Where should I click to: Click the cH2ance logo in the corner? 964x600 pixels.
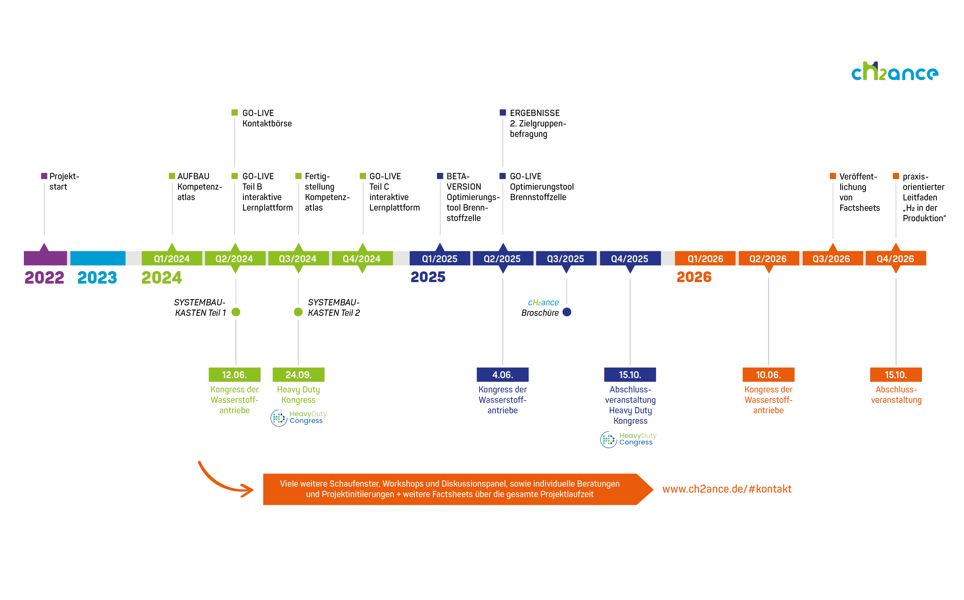pyautogui.click(x=894, y=72)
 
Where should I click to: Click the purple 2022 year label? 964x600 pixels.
pyautogui.click(x=44, y=277)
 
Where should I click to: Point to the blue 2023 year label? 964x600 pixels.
pyautogui.click(x=97, y=277)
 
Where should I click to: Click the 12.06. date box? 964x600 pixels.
pyautogui.click(x=234, y=375)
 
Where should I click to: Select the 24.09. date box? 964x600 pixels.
pyautogui.click(x=298, y=375)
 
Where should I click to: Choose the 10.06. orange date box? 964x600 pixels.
pyautogui.click(x=768, y=375)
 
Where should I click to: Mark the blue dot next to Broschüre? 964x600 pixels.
pyautogui.click(x=567, y=312)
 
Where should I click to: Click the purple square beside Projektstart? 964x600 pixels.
pyautogui.click(x=44, y=176)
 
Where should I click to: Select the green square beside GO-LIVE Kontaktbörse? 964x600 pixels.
pyautogui.click(x=234, y=113)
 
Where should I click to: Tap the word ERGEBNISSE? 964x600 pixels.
pyautogui.click(x=534, y=113)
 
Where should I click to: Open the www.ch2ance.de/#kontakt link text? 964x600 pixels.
pyautogui.click(x=727, y=489)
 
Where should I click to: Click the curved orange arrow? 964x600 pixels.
pyautogui.click(x=222, y=482)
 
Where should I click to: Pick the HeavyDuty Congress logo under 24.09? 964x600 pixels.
pyautogui.click(x=298, y=417)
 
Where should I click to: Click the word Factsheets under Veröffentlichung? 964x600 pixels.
pyautogui.click(x=859, y=208)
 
